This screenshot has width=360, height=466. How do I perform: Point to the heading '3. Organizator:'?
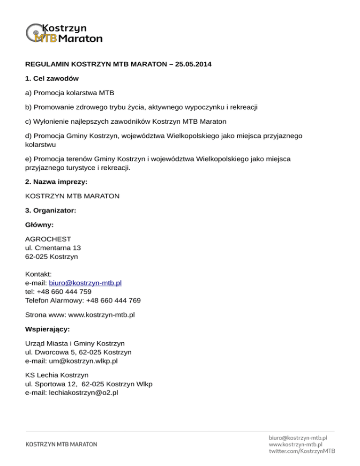(x=51, y=211)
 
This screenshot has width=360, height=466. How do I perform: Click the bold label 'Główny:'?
(x=39, y=225)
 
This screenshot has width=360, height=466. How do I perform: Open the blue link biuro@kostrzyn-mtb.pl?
(x=85, y=283)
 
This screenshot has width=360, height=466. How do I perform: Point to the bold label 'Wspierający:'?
(x=47, y=329)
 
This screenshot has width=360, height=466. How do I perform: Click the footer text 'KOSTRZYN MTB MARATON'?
(x=61, y=444)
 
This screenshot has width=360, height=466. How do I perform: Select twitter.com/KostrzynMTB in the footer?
(x=302, y=451)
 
